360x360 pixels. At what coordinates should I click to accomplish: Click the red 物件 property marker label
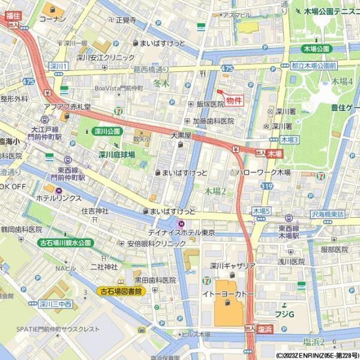pyautogui.click(x=235, y=101)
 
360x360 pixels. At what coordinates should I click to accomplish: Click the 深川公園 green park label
pyautogui.click(x=107, y=131)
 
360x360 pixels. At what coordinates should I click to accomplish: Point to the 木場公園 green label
pyautogui.click(x=316, y=49)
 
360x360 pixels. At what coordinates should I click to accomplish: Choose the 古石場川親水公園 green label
pyautogui.click(x=65, y=243)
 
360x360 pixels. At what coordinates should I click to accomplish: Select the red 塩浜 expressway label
pyautogui.click(x=265, y=329)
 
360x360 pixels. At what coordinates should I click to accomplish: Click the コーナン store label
pyautogui.click(x=52, y=19)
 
